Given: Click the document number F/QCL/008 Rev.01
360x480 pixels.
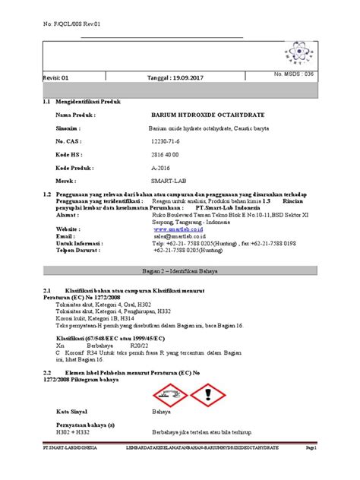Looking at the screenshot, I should [x=73, y=24].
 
